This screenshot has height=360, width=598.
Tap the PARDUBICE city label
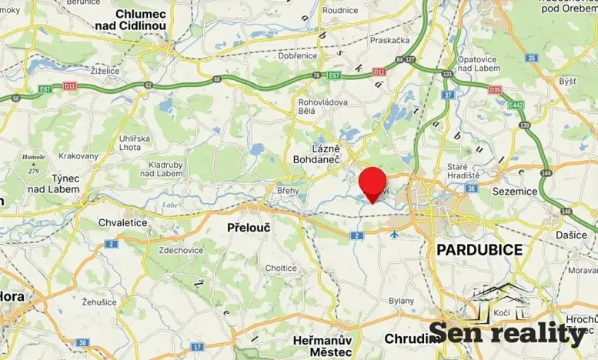(479, 249)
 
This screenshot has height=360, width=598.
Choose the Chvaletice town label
(122, 222)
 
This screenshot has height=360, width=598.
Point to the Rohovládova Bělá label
(323, 107)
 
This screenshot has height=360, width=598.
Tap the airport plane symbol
(394, 234)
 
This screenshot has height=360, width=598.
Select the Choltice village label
(281, 268)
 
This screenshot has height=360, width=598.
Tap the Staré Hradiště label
(463, 171)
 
